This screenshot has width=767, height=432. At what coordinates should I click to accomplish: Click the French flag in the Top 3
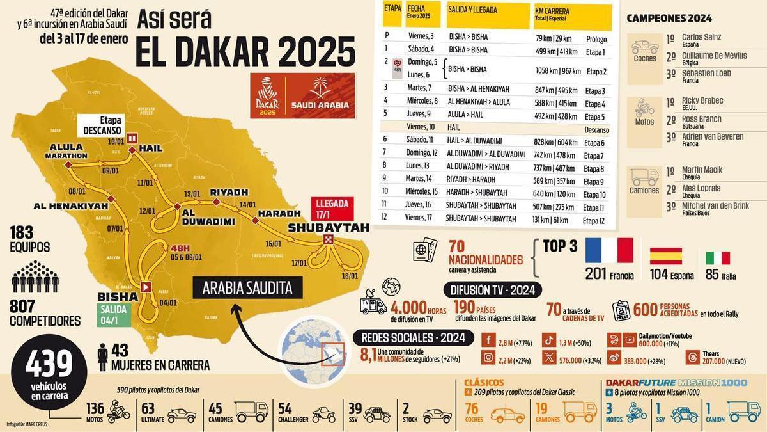pyautogui.click(x=608, y=251)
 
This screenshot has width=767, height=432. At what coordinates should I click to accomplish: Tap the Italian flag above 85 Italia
pyautogui.click(x=717, y=258)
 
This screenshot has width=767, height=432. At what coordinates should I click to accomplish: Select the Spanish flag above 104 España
pyautogui.click(x=666, y=256)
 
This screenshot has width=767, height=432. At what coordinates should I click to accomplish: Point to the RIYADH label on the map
pyautogui.click(x=228, y=191)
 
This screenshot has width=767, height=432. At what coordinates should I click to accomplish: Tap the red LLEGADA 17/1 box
pyautogui.click(x=332, y=209)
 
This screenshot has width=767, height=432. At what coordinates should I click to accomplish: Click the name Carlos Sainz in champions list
pyautogui.click(x=701, y=38)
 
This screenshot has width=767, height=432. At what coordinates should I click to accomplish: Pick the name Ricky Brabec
pyautogui.click(x=702, y=101)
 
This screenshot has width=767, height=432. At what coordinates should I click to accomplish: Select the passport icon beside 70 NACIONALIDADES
pyautogui.click(x=425, y=252)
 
